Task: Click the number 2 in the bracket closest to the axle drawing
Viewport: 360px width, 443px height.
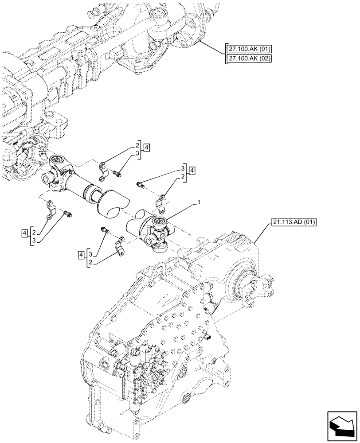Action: pyautogui.click(x=138, y=145)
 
